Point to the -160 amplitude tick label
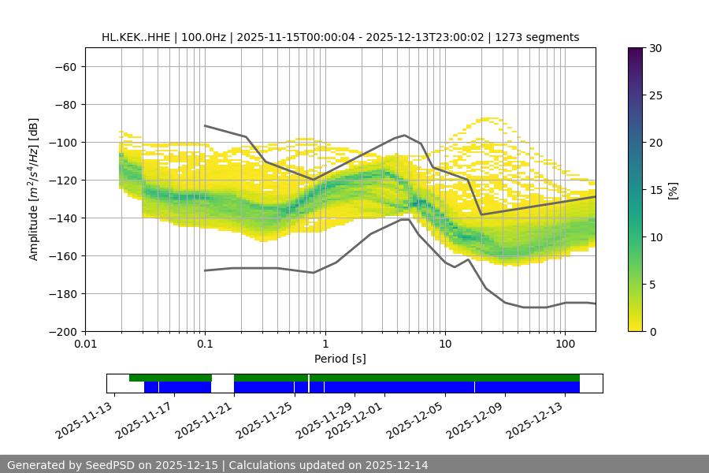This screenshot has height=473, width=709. tap(61, 255)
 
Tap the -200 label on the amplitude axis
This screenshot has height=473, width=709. tap(61, 331)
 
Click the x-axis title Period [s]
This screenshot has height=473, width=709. tap(340, 359)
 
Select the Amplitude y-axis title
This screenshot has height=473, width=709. tap(34, 189)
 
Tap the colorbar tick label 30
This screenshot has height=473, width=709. tap(653, 48)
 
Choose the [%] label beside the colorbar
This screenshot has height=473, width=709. tap(674, 190)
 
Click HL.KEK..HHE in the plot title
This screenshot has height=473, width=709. tap(138, 37)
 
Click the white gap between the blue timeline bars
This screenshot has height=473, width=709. tap(223, 386)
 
